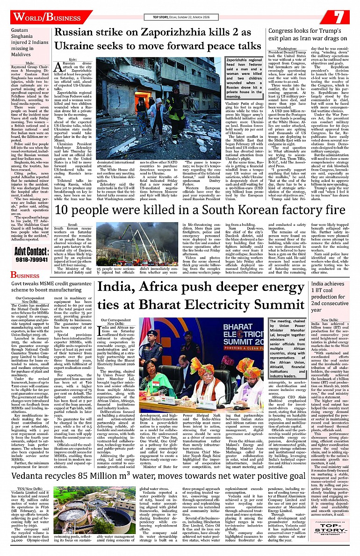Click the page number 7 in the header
[x=340, y=17]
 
